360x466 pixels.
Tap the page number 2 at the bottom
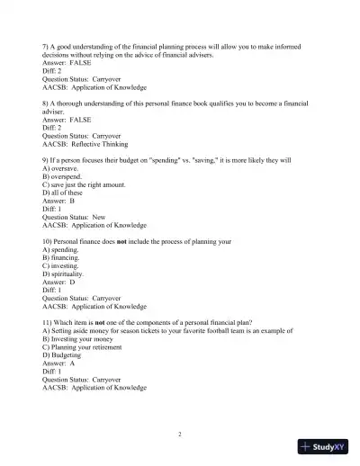click(180, 435)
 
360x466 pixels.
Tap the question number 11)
click(49, 321)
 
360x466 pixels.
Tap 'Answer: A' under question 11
click(62, 363)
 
